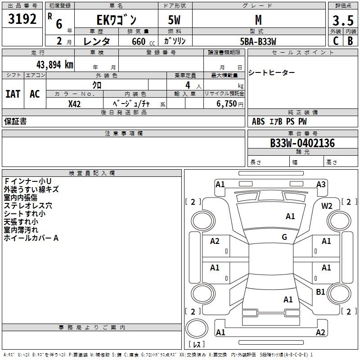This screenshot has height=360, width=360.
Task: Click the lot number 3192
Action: point(23,19)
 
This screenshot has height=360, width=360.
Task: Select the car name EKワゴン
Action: point(117,20)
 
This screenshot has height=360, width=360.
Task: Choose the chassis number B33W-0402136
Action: point(302,144)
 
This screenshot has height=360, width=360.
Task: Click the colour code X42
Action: point(75,104)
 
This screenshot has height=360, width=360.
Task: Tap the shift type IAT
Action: point(13,94)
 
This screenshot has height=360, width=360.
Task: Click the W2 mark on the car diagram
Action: point(327,206)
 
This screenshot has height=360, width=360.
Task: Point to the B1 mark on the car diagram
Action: point(320,292)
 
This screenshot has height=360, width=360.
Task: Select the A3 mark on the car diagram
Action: point(321,184)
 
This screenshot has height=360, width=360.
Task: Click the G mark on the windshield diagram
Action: point(284,237)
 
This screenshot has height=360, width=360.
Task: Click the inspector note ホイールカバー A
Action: point(31,238)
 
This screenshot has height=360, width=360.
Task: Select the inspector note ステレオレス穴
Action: point(28,206)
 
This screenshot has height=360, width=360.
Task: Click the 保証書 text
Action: point(15,121)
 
